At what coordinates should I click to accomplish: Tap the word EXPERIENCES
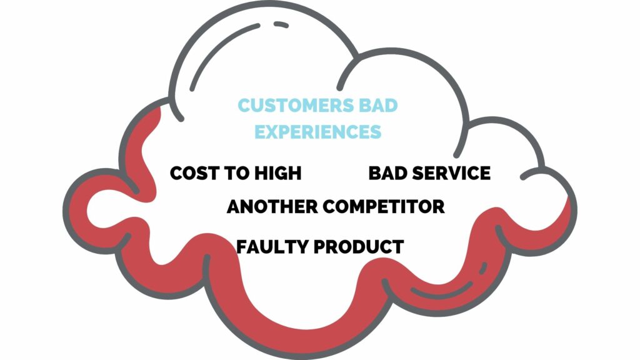pos(318,132)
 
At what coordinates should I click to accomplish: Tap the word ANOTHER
pos(272,206)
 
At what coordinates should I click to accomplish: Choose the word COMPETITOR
pos(384,206)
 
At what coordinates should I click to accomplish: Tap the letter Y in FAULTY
pos(303,246)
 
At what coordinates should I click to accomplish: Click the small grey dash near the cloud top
pos(281,25)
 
